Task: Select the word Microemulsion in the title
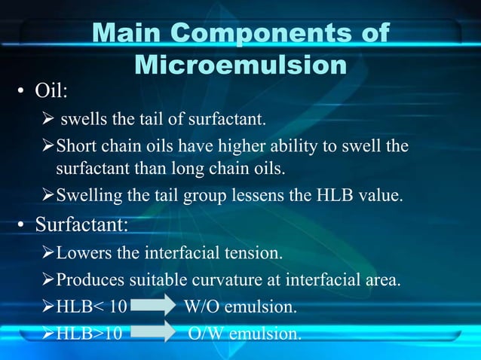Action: tap(240, 66)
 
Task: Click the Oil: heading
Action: tap(52, 91)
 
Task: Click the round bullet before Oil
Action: tap(23, 93)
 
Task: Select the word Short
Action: tap(75, 145)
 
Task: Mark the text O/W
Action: tap(204, 332)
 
